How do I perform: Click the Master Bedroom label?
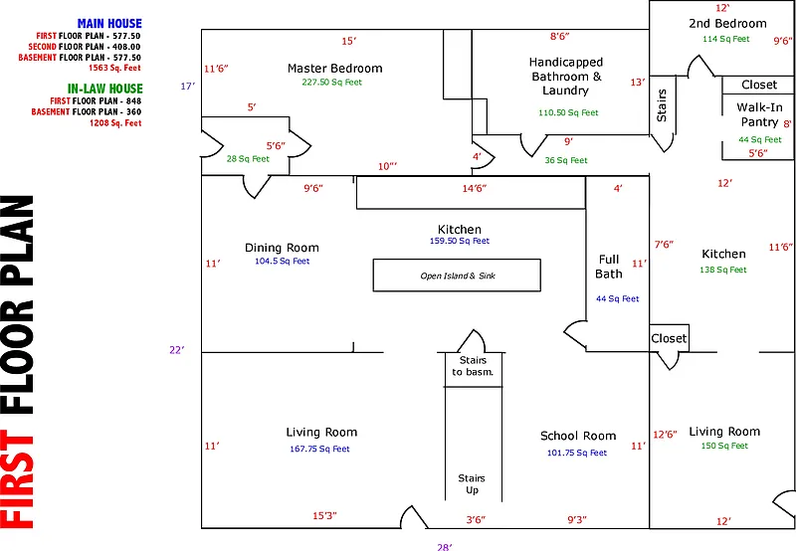tap(334, 69)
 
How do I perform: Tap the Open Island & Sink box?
tap(457, 275)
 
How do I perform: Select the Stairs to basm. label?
tap(473, 366)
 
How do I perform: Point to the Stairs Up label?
tap(472, 484)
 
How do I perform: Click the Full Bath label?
tap(608, 267)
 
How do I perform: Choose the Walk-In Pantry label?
tap(759, 114)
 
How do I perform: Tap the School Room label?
tap(578, 436)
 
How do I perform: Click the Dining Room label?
tap(282, 248)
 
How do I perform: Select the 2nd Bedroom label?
tap(727, 24)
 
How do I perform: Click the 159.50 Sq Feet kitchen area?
tap(459, 242)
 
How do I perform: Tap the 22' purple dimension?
tap(177, 349)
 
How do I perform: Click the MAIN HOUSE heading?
tap(109, 24)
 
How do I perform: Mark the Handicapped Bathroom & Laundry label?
tap(566, 77)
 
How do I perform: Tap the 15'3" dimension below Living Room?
tap(324, 515)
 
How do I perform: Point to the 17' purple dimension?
tap(186, 87)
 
